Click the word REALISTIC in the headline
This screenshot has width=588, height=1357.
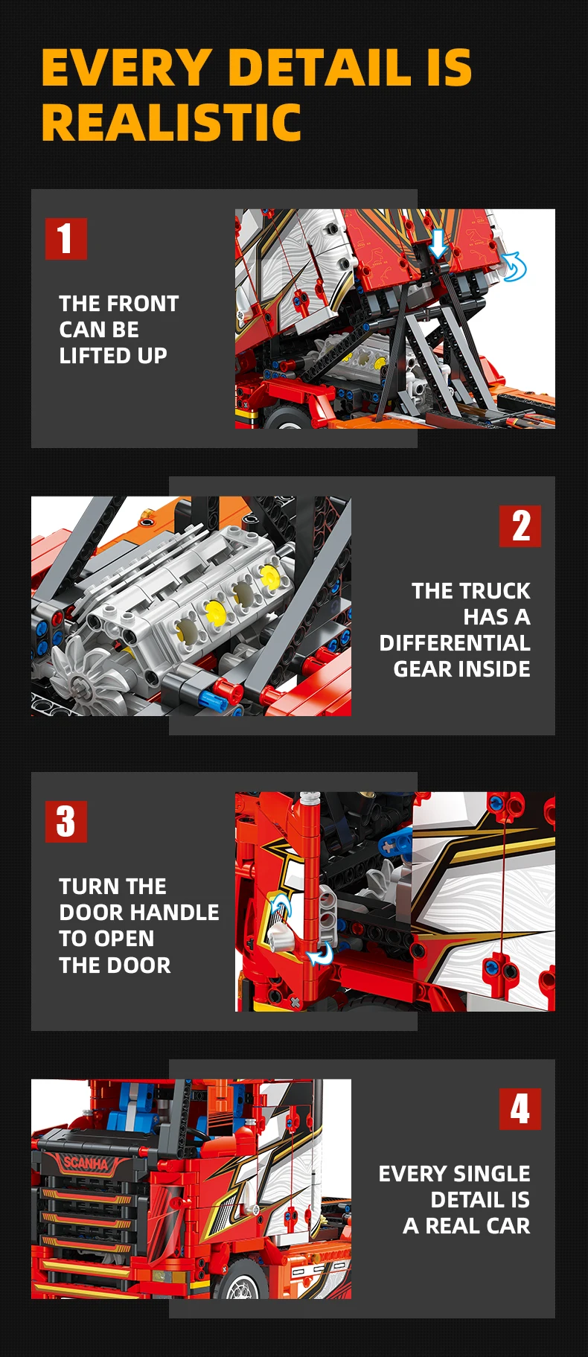tap(171, 122)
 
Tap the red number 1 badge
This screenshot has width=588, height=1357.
tap(65, 238)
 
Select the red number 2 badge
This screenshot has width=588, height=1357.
tap(520, 526)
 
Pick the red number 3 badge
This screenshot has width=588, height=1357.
tap(65, 822)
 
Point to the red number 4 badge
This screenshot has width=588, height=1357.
tap(520, 1109)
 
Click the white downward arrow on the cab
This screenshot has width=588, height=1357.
tap(438, 243)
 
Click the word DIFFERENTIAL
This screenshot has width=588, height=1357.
tap(455, 643)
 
